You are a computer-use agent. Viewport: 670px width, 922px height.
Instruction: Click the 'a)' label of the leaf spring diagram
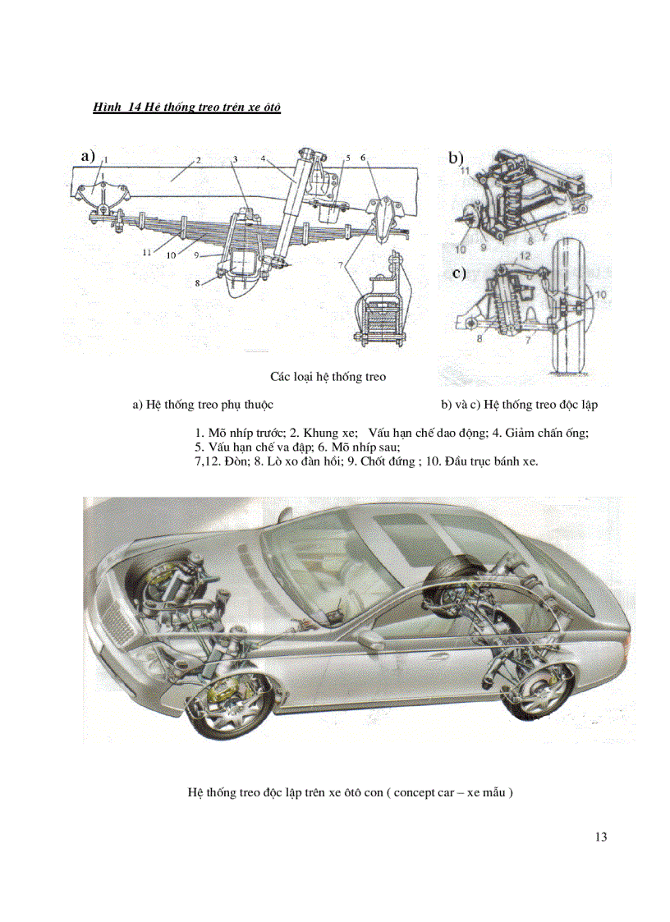click(x=87, y=154)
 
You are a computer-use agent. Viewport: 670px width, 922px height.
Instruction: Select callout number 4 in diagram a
click(x=263, y=158)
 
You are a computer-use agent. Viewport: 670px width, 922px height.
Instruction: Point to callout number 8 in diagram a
click(x=197, y=282)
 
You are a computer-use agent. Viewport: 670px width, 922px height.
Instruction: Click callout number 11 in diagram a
click(x=147, y=252)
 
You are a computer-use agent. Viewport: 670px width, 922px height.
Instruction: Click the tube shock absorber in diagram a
click(x=291, y=209)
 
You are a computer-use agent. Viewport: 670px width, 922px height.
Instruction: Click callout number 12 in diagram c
click(x=525, y=257)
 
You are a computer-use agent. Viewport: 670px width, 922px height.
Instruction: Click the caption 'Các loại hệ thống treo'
click(x=328, y=377)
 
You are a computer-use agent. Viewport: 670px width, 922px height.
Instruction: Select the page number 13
click(x=599, y=837)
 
